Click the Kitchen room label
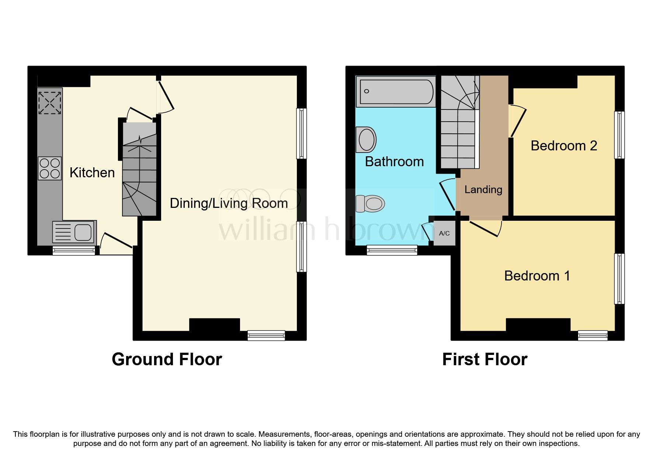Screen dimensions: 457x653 coord(92,172)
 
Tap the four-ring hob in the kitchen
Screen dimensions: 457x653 coord(49,168)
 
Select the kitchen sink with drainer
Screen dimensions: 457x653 coord(74,233)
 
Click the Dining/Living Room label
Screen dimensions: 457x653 coord(229,203)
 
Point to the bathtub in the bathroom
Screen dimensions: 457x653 coord(395,91)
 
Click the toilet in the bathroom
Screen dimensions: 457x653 coord(370,203)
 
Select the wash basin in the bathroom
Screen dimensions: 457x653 coord(366,140)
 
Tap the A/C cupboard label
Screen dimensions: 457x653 coord(444,233)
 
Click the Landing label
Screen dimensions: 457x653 coord(483,189)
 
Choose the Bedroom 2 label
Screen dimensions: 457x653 coord(563,146)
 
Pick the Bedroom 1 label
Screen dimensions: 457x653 coord(537,276)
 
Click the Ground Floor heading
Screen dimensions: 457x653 coord(167,359)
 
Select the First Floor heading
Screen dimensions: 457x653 coord(484,359)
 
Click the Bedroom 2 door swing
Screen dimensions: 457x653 coord(518,122)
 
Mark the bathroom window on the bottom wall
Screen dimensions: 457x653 coord(392,250)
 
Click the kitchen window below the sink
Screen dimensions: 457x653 coord(74,251)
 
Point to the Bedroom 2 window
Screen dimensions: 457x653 coord(619,135)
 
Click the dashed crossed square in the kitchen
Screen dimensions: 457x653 coord(50,102)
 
